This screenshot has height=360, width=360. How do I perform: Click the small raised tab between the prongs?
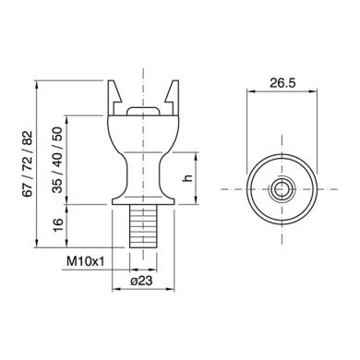coord(142,108)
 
